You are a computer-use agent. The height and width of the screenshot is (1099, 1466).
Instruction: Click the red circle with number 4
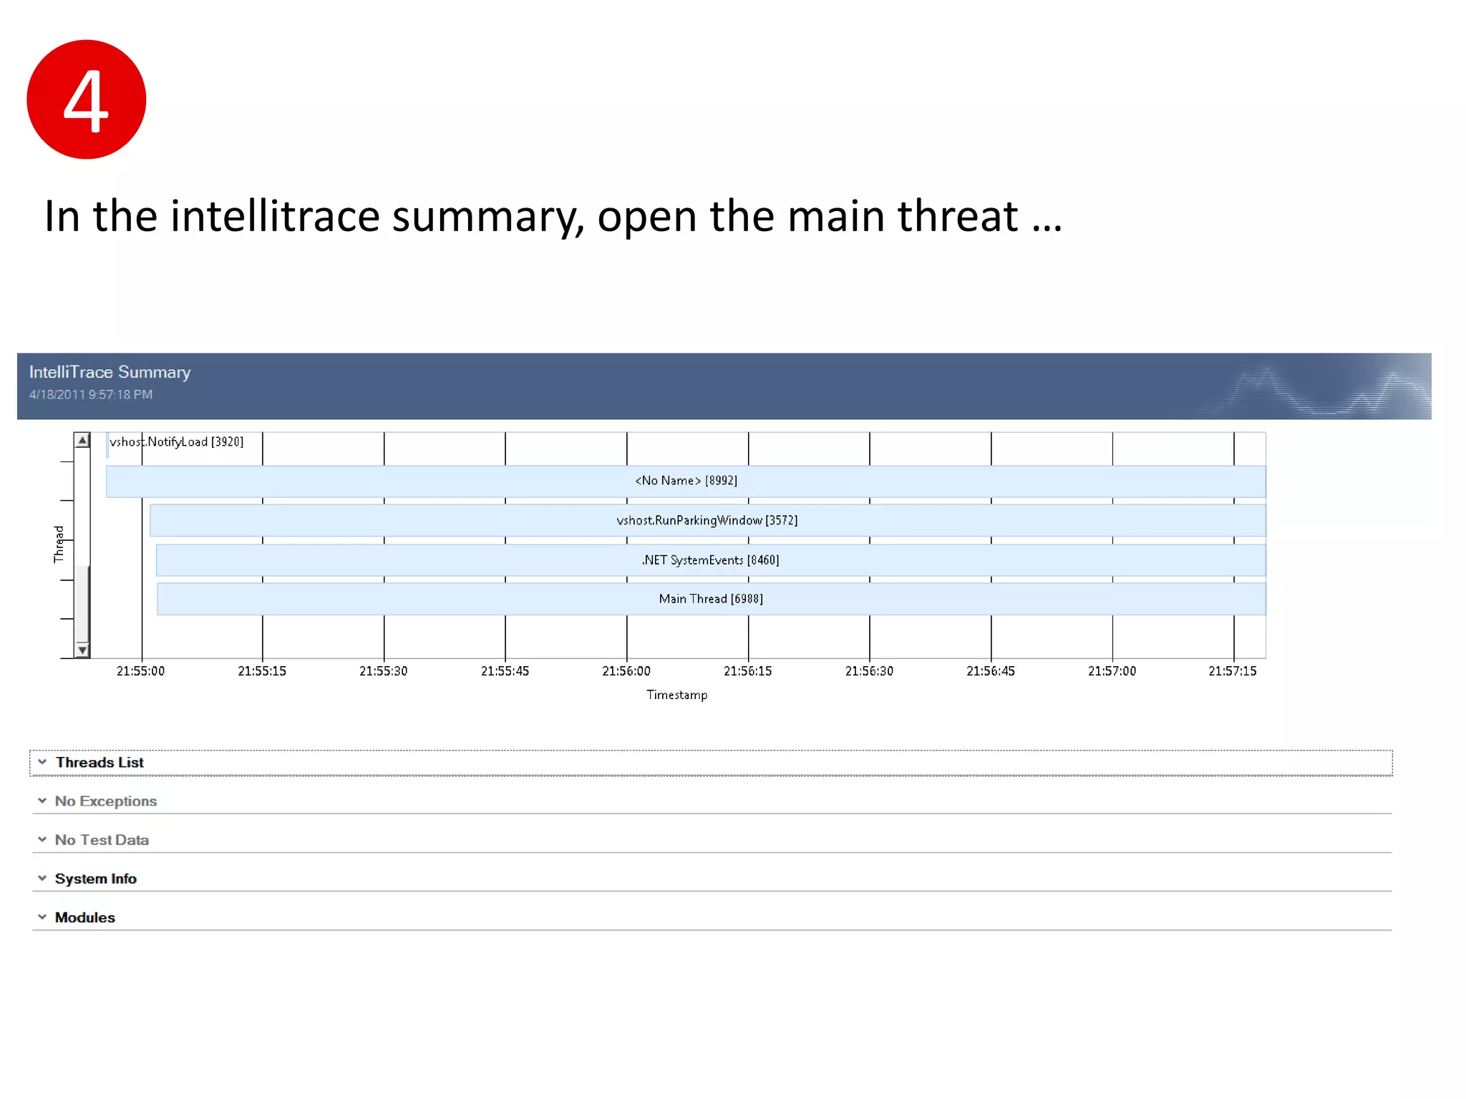click(x=86, y=99)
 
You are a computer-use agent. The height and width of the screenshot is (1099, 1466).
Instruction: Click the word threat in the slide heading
click(x=957, y=216)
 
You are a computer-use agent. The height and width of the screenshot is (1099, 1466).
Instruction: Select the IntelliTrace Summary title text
click(x=110, y=372)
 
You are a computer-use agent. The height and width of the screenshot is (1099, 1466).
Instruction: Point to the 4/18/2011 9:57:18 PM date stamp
click(x=91, y=394)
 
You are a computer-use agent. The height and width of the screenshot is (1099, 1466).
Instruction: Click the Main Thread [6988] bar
click(x=711, y=599)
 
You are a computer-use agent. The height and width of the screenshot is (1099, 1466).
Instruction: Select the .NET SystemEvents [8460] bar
click(x=710, y=560)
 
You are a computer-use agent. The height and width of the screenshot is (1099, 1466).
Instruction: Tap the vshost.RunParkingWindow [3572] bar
click(x=707, y=520)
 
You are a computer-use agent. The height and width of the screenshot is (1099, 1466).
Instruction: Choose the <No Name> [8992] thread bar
click(x=686, y=481)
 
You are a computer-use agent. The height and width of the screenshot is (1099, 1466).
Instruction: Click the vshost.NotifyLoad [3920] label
click(x=177, y=442)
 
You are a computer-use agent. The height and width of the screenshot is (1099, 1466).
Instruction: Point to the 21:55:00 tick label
click(x=141, y=671)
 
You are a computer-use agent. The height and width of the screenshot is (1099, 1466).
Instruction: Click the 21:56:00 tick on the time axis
click(x=626, y=671)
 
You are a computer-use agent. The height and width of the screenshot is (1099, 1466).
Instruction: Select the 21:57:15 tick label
click(x=1233, y=671)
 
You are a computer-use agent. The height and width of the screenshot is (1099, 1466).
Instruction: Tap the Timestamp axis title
click(x=676, y=695)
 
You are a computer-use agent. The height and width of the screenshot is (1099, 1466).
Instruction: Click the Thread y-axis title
click(x=59, y=544)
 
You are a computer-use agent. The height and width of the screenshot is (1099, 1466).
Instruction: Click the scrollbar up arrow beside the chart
click(x=82, y=440)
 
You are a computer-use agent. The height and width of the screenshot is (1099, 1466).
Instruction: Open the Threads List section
click(x=99, y=763)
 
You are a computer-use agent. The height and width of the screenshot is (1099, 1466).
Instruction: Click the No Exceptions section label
click(x=106, y=801)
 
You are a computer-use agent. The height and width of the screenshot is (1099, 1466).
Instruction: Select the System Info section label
click(x=96, y=879)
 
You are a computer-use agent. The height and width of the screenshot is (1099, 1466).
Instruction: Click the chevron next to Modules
click(x=42, y=917)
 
